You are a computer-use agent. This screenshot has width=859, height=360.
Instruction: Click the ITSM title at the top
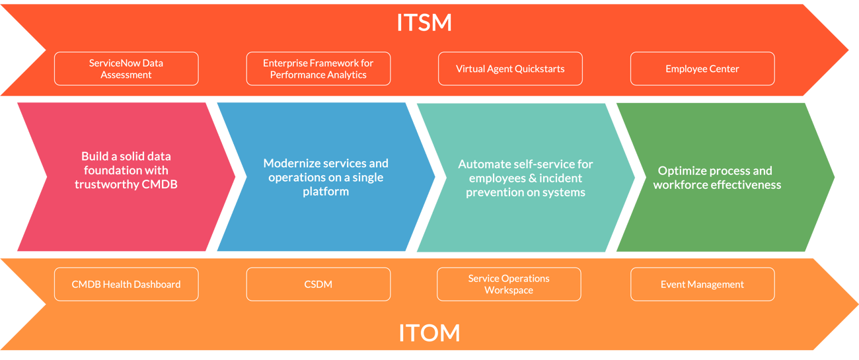point(424,22)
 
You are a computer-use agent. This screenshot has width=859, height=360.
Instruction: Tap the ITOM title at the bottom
point(429,332)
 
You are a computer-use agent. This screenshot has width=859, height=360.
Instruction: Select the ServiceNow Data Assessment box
point(126,69)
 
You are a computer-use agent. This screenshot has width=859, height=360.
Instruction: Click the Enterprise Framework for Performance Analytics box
point(318,69)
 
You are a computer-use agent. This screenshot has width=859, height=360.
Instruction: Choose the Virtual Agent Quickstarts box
point(510,69)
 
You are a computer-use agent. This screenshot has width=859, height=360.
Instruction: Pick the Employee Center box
point(702,69)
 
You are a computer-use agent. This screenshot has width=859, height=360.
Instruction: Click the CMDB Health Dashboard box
point(126,284)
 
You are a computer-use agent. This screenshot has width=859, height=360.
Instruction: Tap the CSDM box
point(318,284)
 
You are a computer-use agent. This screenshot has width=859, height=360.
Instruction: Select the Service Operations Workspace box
point(509,284)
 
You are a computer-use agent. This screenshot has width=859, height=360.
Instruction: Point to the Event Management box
point(702,284)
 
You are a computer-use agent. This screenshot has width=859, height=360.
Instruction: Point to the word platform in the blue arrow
point(326,192)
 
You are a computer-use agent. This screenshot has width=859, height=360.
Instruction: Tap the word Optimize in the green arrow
point(681,170)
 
